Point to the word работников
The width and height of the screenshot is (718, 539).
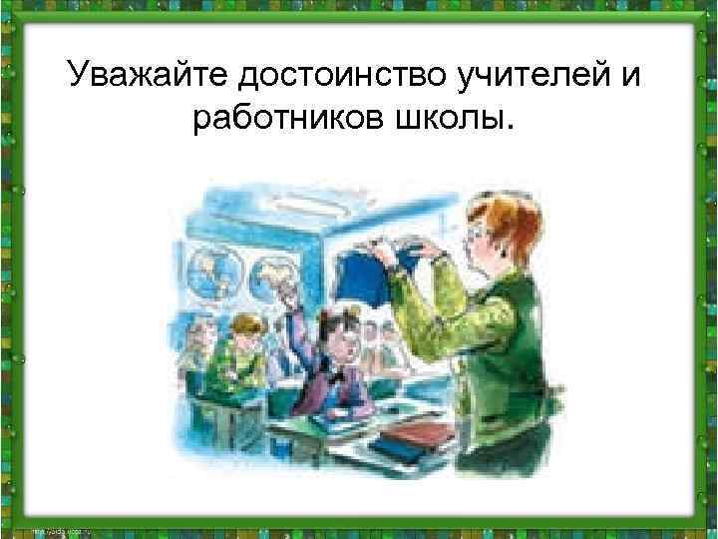(x=283, y=119)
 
